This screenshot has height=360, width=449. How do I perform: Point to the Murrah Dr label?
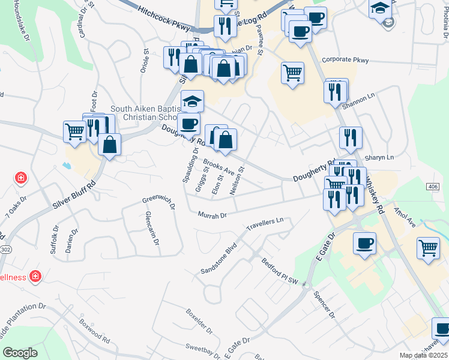[212, 215]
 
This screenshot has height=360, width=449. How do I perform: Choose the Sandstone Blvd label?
[220, 259]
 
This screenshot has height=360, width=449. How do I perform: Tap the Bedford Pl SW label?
[279, 269]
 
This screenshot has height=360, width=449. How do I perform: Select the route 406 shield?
[433, 187]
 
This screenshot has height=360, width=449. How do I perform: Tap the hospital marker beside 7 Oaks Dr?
[20, 179]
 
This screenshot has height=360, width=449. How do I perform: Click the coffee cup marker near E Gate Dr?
[364, 244]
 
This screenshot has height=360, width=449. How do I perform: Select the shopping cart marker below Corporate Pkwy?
[292, 73]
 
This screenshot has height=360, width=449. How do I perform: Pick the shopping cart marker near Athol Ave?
[428, 247]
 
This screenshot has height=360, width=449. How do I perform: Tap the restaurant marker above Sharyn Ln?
[350, 137]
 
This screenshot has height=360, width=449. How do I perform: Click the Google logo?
[20, 353]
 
